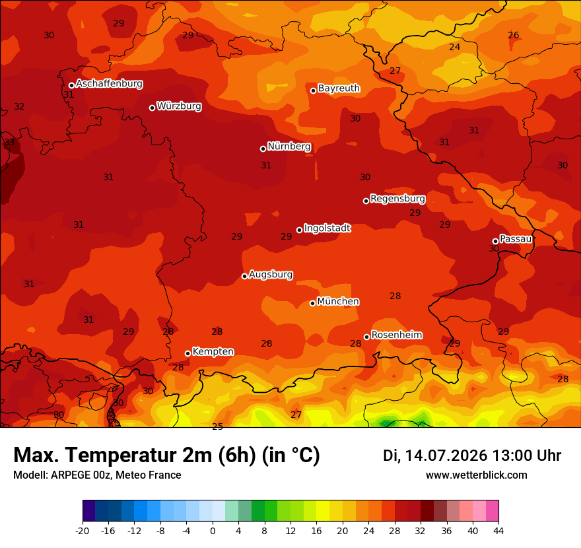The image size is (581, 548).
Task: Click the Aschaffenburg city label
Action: [x=109, y=84]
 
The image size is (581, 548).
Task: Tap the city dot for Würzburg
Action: [x=152, y=108]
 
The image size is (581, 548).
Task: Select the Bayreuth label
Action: [x=339, y=88]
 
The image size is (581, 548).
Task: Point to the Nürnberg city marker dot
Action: [x=263, y=149]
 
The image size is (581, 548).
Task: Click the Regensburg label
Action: [x=397, y=199]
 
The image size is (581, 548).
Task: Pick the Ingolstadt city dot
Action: [x=299, y=230]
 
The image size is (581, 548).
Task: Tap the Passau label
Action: [x=516, y=239]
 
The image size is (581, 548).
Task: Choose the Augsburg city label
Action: [x=271, y=275]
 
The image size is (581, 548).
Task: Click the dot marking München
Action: [x=312, y=303]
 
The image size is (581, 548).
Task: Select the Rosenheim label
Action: [x=397, y=335]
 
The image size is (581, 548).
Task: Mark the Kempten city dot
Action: [x=188, y=353]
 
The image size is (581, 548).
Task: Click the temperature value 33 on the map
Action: [x=9, y=142]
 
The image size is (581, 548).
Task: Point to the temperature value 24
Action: [x=455, y=47]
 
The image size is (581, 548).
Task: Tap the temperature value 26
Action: [x=513, y=35]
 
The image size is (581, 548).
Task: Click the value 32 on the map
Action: [x=19, y=107]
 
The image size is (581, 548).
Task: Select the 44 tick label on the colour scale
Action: [x=498, y=531]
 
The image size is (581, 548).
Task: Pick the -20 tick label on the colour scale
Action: [x=83, y=531]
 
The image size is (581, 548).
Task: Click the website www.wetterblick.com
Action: [x=477, y=475]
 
